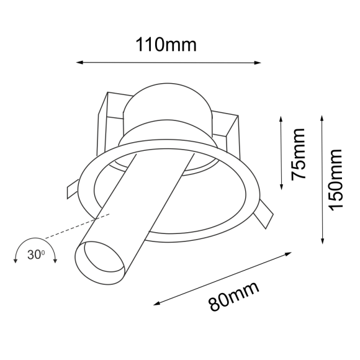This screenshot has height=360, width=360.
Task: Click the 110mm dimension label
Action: click(166, 45)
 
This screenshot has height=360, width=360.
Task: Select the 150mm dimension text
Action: click(336, 179)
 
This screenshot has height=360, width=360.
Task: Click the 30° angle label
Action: click(35, 254)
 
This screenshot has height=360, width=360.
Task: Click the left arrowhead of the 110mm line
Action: click(79, 62)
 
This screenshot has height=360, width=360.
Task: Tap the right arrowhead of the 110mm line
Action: click(258, 62)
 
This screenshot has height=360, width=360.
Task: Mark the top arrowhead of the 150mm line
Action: click(322, 117)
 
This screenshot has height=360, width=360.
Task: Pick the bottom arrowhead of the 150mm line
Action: click(322, 241)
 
